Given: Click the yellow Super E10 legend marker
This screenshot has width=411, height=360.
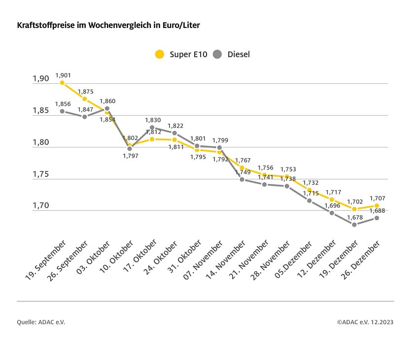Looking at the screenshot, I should (x=159, y=54).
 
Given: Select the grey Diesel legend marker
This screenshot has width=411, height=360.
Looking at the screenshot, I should (x=218, y=54).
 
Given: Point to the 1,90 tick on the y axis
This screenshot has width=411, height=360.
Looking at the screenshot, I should (x=41, y=79).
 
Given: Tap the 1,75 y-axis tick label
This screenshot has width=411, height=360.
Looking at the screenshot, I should (x=41, y=174).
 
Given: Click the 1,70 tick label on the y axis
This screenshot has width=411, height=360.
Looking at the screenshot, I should (x=41, y=206).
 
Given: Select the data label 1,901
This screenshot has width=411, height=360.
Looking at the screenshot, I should (x=63, y=75).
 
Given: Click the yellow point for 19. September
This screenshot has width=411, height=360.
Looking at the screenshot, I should (x=62, y=83).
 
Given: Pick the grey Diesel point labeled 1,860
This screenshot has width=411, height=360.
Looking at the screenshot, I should (x=107, y=108).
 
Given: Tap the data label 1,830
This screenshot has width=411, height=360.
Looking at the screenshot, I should (x=152, y=120).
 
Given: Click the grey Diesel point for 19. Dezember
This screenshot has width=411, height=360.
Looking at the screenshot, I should (x=354, y=225).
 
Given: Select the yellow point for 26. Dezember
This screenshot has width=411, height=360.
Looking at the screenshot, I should (x=377, y=205).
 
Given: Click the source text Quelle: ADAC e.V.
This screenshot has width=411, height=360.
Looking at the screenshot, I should (x=41, y=322).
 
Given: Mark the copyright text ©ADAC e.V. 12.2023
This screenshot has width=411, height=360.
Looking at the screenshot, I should (x=365, y=322).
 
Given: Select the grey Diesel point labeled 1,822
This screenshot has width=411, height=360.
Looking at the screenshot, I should (x=174, y=133).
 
